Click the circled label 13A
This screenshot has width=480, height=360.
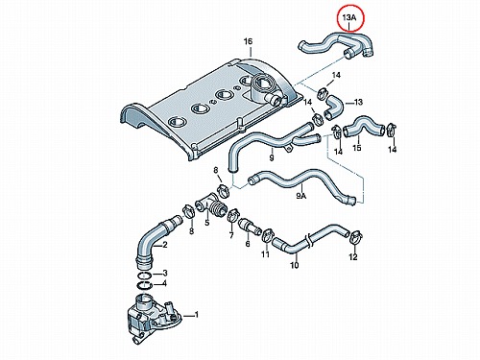(349, 18)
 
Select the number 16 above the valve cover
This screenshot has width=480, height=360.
(248, 41)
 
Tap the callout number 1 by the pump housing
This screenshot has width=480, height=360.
(197, 315)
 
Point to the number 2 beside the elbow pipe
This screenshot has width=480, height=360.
(165, 245)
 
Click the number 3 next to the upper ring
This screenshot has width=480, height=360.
(165, 273)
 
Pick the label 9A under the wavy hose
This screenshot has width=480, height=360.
(301, 196)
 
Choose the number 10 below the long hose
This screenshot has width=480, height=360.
(295, 265)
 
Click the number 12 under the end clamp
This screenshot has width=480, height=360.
(353, 256)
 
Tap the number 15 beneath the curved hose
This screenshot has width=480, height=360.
(357, 148)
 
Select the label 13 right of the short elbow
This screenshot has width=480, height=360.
(358, 102)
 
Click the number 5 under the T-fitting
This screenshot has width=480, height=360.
(207, 222)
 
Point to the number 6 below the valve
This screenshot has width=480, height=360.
(248, 244)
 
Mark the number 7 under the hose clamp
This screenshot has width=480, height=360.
(231, 235)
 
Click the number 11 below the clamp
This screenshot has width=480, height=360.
(265, 254)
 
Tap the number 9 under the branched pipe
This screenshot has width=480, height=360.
(272, 157)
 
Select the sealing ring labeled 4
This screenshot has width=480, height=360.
(145, 285)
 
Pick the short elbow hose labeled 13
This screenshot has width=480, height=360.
(334, 108)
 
